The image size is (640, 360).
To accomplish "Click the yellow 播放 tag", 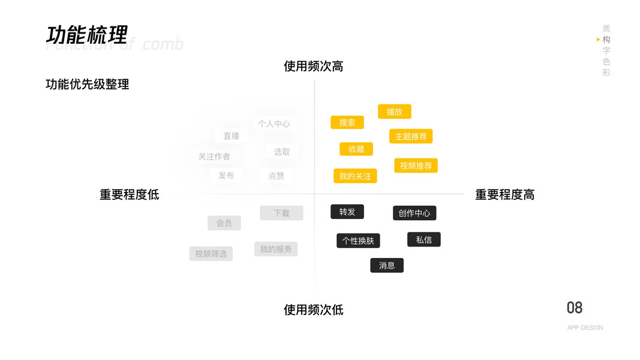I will [394, 112].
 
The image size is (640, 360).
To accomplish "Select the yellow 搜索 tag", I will [347, 122].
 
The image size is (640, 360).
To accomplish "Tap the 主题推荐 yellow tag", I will [411, 136].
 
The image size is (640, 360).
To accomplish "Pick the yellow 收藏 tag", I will [356, 149].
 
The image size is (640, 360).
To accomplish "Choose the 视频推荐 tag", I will [416, 166].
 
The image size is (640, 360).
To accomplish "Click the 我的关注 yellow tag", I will [355, 176].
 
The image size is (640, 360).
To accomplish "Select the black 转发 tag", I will [347, 212].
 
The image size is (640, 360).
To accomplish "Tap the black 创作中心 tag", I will [414, 213].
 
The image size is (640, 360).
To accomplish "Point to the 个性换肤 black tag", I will [358, 241].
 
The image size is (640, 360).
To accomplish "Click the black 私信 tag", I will [423, 239].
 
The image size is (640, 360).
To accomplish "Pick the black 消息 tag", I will [387, 265].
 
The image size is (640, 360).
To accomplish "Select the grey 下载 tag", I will [281, 213].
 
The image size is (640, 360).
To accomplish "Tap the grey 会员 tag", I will [224, 223].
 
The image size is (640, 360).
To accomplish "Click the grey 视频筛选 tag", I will [211, 254].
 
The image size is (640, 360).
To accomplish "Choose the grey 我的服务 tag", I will [275, 249].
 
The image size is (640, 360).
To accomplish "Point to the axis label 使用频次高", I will [313, 66].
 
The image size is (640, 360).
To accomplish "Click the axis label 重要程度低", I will [129, 194].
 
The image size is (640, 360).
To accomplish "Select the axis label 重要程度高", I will [504, 194].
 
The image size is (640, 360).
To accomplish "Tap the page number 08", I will [574, 308].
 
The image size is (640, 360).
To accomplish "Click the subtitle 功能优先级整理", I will [87, 85].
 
